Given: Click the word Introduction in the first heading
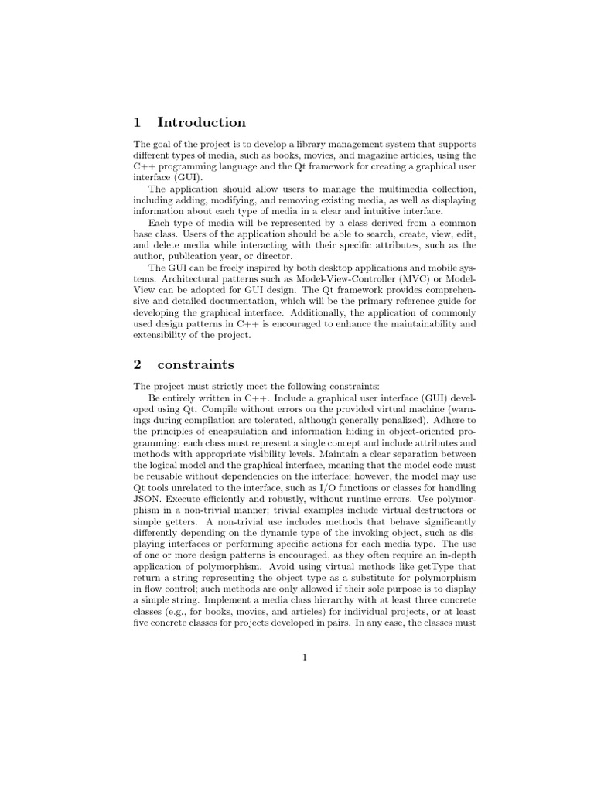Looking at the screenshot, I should [x=201, y=122].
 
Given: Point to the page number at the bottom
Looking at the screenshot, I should [x=305, y=657].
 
